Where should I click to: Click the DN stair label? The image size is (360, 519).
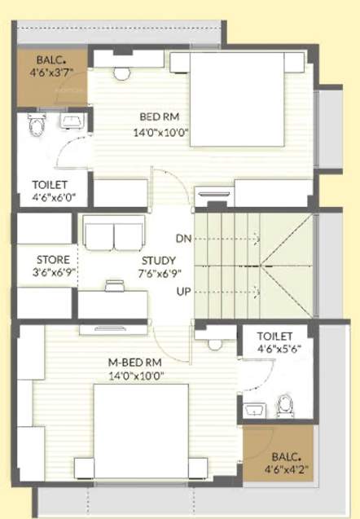[x=184, y=238]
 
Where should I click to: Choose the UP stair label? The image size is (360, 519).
[x=184, y=290]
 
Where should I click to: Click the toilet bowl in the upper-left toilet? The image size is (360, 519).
[x=37, y=125]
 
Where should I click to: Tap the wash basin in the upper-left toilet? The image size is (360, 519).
[x=70, y=122]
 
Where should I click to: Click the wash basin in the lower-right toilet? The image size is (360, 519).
[x=255, y=408]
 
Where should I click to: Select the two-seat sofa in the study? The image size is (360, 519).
[x=114, y=234]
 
